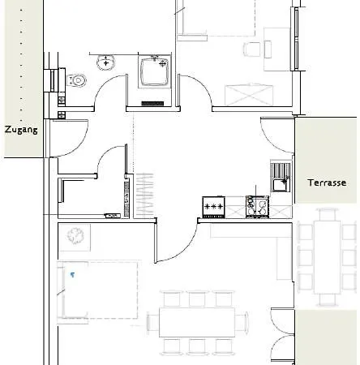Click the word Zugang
(x=21, y=130)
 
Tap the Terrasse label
(x=327, y=183)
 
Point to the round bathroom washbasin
(x=105, y=62)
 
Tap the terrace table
(x=328, y=256)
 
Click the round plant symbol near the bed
(x=76, y=236)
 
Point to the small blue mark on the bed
(x=72, y=275)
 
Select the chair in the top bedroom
(x=252, y=49)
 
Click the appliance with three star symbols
(x=214, y=207)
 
